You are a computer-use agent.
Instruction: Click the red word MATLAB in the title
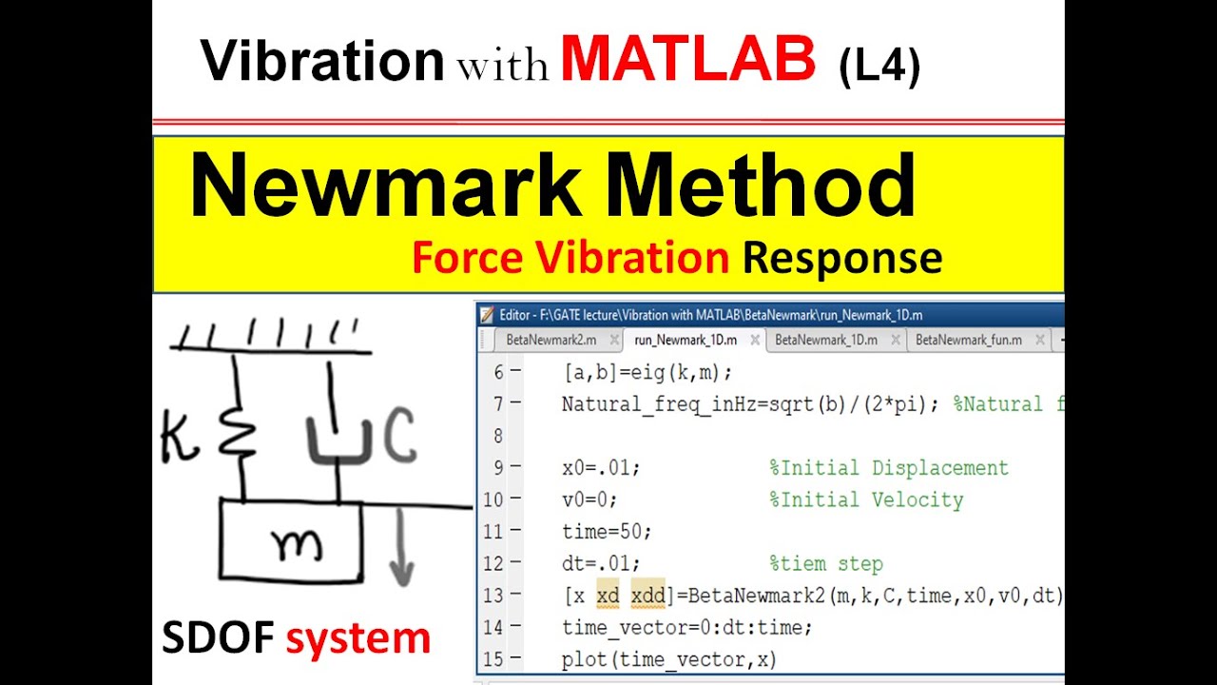click(687, 60)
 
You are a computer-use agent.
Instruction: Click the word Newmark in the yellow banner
click(385, 186)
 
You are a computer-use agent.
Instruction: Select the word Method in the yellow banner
click(761, 186)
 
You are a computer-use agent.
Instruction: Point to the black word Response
click(841, 258)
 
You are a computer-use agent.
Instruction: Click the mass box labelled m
click(291, 540)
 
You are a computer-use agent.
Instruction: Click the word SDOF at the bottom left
click(218, 638)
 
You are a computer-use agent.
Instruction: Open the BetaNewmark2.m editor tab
click(551, 340)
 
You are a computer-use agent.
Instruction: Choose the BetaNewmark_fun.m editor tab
click(969, 340)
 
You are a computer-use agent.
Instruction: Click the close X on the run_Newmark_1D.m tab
click(755, 340)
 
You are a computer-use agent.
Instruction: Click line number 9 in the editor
click(499, 468)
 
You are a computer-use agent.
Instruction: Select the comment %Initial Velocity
click(866, 500)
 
